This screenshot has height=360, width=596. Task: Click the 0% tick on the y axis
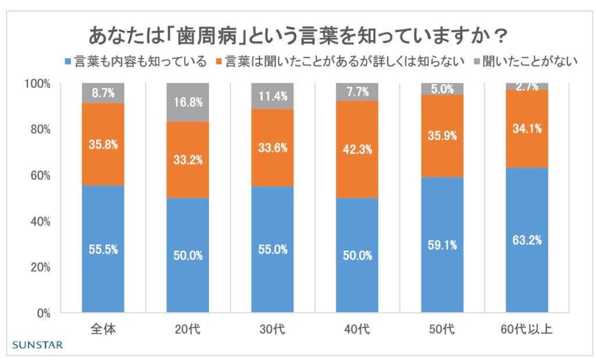(43, 313)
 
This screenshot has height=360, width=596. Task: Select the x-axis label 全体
(103, 330)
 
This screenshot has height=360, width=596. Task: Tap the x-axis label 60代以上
(527, 330)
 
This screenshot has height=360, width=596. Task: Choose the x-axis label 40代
(357, 330)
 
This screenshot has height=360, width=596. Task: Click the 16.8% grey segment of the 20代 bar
(188, 102)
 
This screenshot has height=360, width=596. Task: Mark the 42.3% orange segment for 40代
(357, 149)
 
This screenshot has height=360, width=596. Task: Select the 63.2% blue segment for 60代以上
(527, 240)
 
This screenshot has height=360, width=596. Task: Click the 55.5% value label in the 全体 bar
(103, 249)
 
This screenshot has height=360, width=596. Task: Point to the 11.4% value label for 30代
(272, 97)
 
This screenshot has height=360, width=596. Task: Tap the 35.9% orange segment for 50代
(442, 136)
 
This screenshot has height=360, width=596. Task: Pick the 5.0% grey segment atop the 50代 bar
(442, 89)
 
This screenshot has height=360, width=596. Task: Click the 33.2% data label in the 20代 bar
(188, 160)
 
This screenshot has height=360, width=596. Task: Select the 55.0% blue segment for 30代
(272, 250)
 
